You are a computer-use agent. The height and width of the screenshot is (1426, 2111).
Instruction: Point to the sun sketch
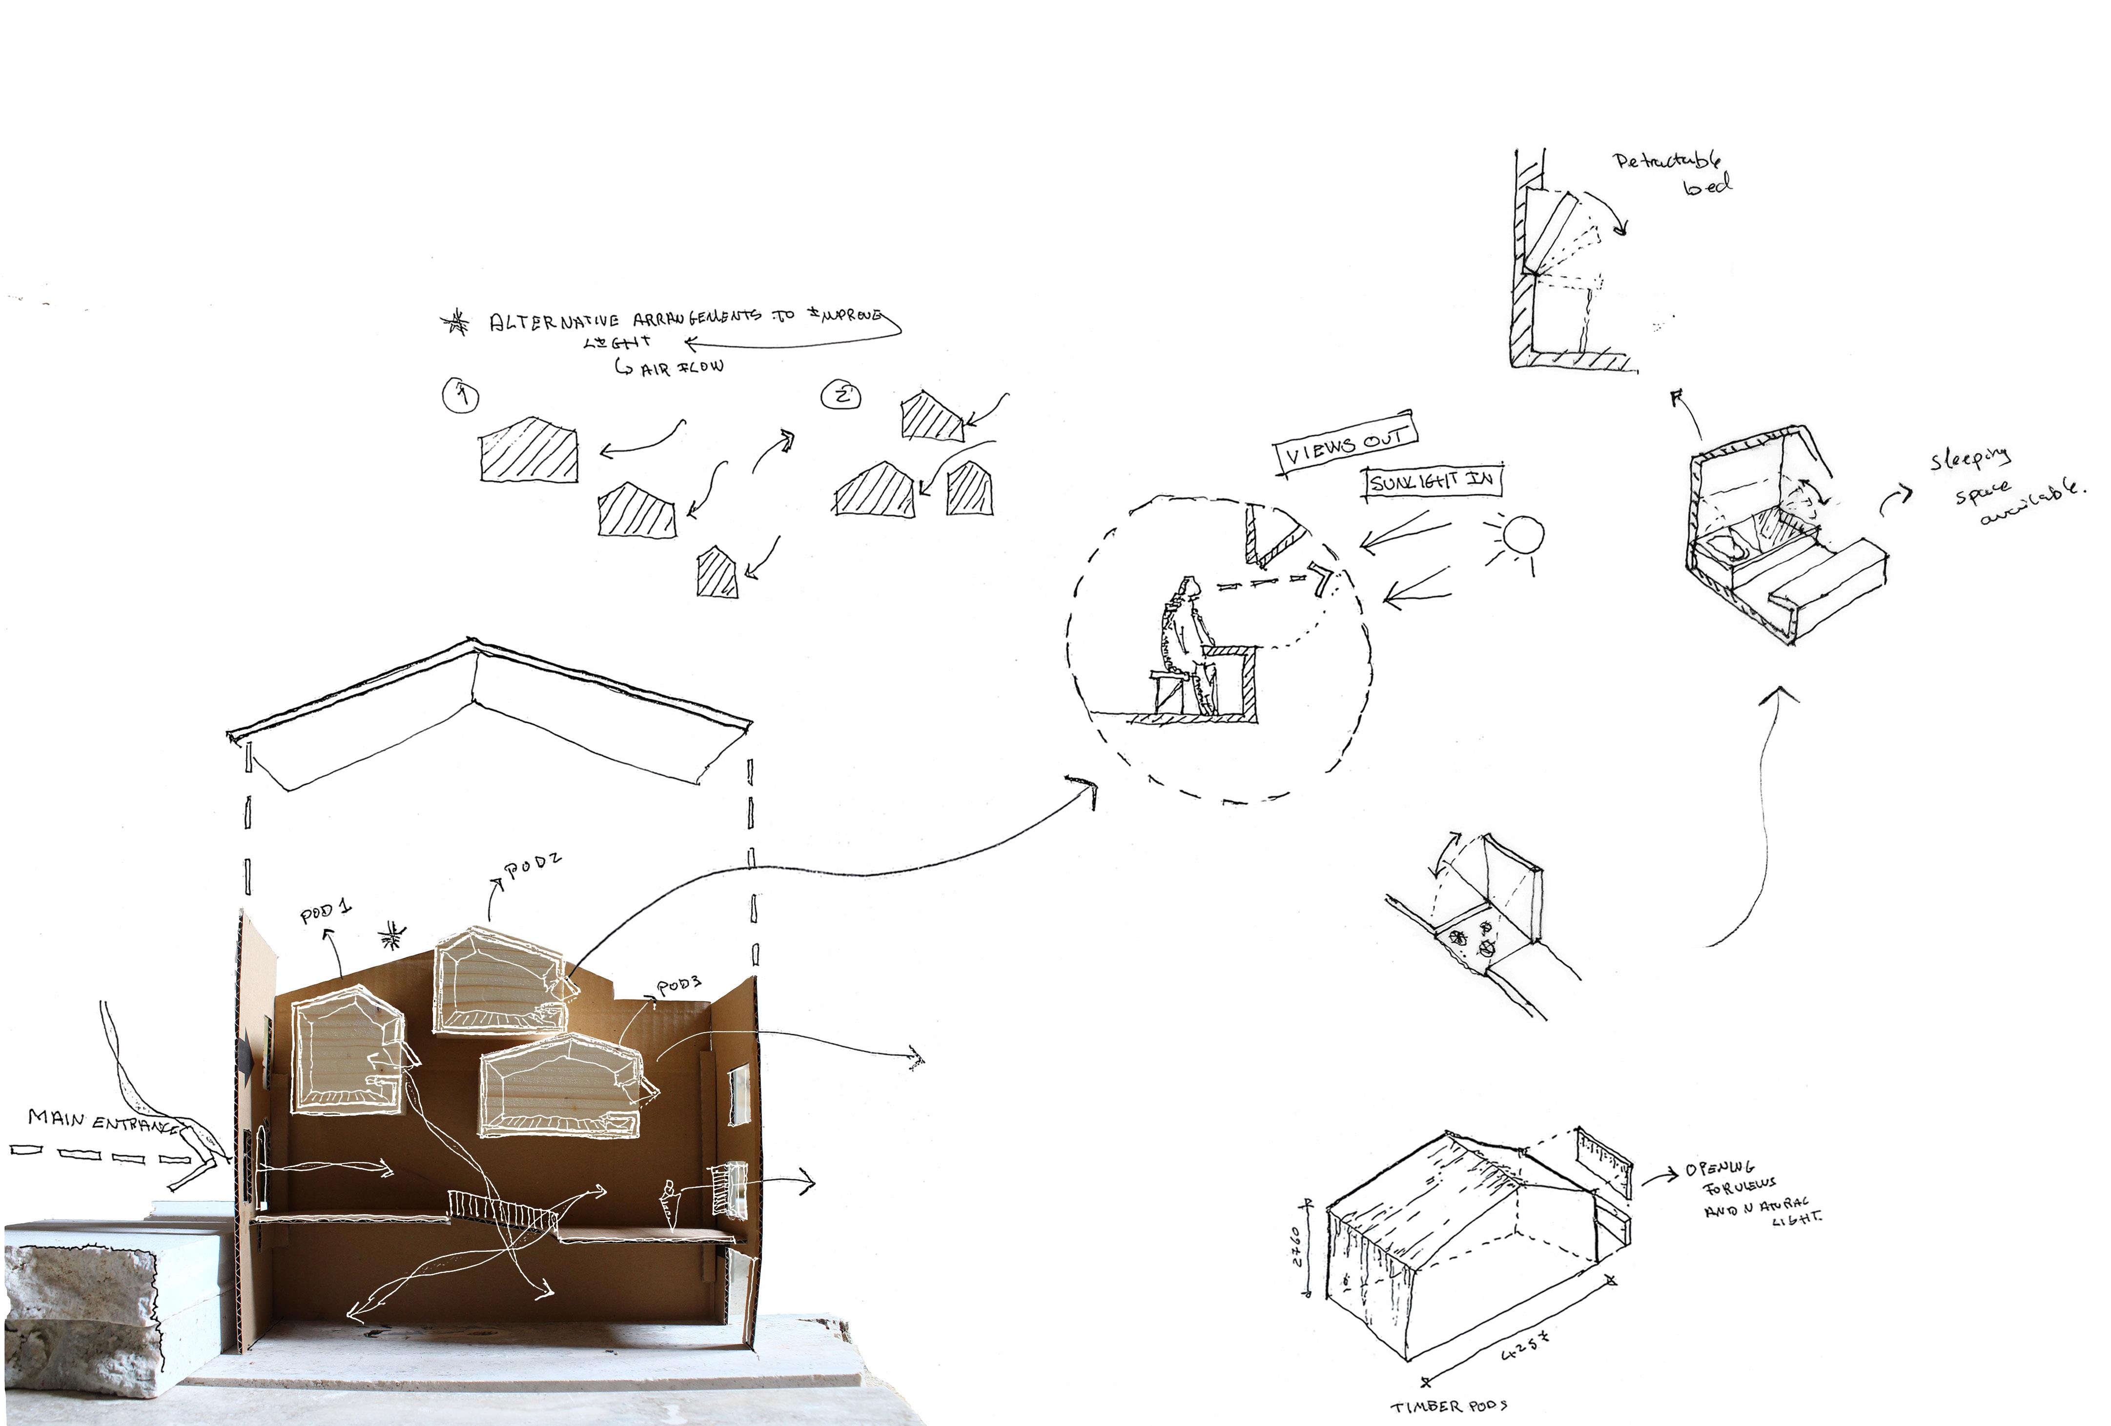click(x=1522, y=535)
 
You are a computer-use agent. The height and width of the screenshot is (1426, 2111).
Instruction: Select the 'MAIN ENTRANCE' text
click(x=102, y=1122)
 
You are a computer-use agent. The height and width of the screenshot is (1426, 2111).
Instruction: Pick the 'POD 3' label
click(x=679, y=987)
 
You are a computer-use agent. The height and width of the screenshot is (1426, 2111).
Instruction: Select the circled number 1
click(x=461, y=396)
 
